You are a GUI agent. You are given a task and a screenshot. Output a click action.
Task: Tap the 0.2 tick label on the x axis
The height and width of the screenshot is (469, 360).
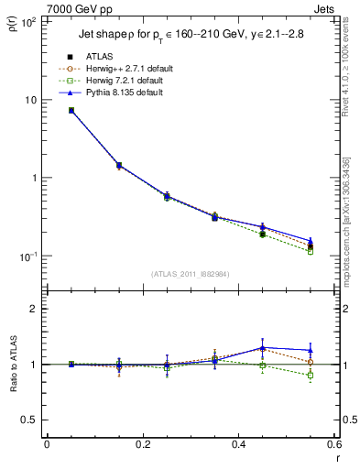142,445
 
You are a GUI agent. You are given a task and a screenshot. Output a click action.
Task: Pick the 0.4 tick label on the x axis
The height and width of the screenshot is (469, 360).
238,445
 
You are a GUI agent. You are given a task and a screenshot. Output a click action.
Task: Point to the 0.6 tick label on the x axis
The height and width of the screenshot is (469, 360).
333,445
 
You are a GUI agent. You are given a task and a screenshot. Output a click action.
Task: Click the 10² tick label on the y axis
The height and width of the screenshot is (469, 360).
27,22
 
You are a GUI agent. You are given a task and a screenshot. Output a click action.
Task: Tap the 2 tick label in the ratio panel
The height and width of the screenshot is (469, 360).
35,309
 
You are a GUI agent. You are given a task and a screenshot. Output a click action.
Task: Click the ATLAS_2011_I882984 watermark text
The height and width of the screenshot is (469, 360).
190,273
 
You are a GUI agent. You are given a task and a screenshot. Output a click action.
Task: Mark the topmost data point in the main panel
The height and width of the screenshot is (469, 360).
71,110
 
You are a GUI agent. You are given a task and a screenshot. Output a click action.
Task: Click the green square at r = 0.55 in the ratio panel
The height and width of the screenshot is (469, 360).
311,376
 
